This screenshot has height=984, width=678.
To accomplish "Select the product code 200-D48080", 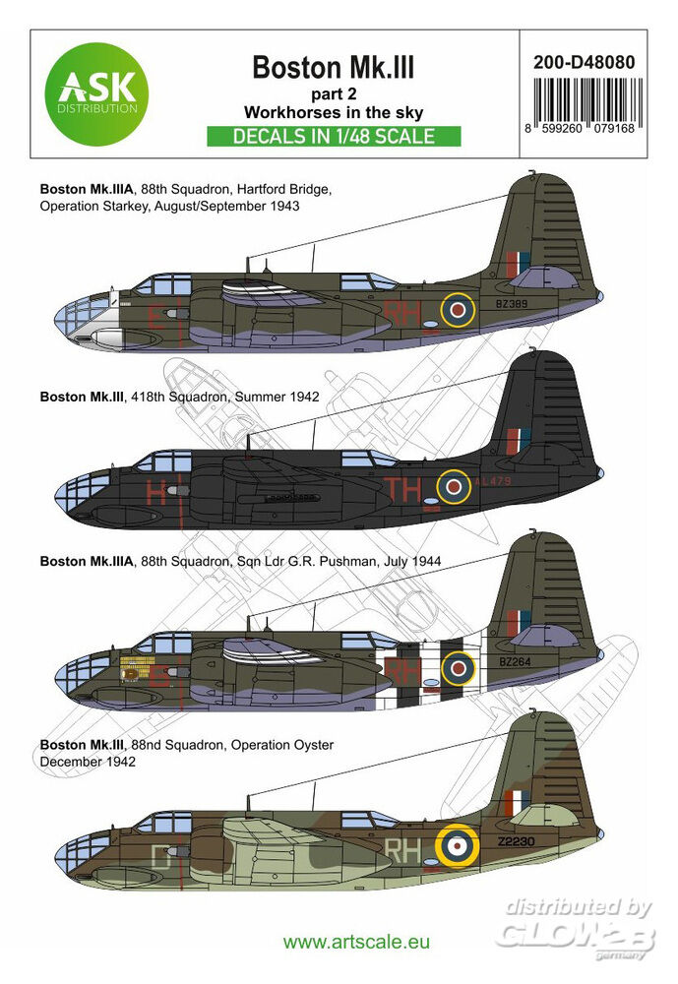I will coord(588,61).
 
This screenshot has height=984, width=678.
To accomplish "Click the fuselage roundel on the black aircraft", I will coord(455,484).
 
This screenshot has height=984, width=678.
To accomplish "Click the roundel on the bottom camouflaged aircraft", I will coord(456,844).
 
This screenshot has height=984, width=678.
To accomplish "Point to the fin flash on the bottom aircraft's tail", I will coord(515,803).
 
